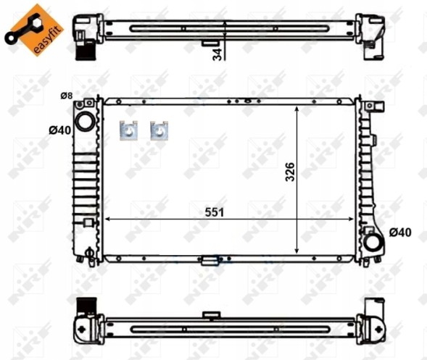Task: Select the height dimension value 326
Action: tap(289, 173)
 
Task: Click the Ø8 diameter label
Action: tap(66, 96)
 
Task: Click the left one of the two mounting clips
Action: tap(128, 130)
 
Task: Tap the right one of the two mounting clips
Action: tap(159, 130)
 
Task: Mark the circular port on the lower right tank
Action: tap(372, 240)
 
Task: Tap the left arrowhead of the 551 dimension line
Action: tap(109, 218)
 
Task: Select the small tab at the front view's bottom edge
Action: tap(211, 259)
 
